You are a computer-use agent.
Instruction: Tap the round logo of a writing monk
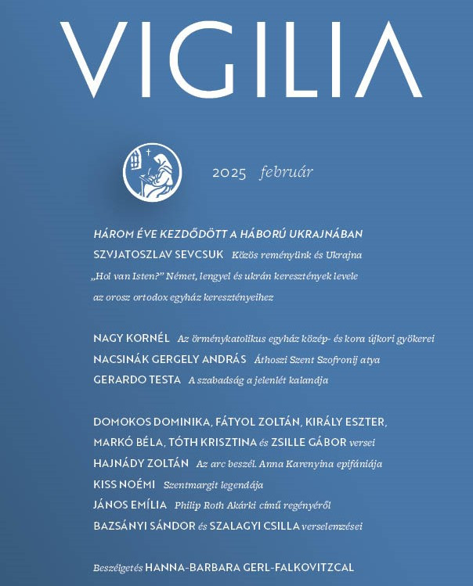[153, 171]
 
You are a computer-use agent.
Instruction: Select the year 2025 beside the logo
[229, 173]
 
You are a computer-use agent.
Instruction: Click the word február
[286, 172]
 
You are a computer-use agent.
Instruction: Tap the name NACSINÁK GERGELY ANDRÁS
[169, 360]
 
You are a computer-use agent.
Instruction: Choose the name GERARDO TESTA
[136, 380]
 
